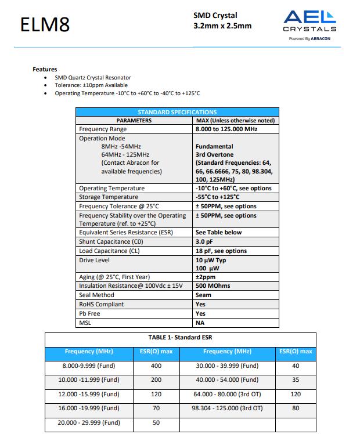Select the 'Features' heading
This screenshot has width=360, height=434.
(45, 70)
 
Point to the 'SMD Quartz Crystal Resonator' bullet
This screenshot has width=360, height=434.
(93, 78)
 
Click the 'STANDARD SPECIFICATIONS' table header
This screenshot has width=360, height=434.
(177, 112)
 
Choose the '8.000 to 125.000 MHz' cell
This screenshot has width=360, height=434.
(226, 129)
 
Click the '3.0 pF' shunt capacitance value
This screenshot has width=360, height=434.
(204, 242)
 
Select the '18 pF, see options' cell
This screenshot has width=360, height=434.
(221, 251)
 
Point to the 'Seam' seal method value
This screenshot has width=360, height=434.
(203, 295)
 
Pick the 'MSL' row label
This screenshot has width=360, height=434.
(85, 323)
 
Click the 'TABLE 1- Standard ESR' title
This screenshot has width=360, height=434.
(181, 337)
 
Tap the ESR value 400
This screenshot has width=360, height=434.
(156, 366)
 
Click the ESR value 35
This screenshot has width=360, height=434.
(296, 380)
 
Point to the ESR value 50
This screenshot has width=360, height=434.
(156, 422)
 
